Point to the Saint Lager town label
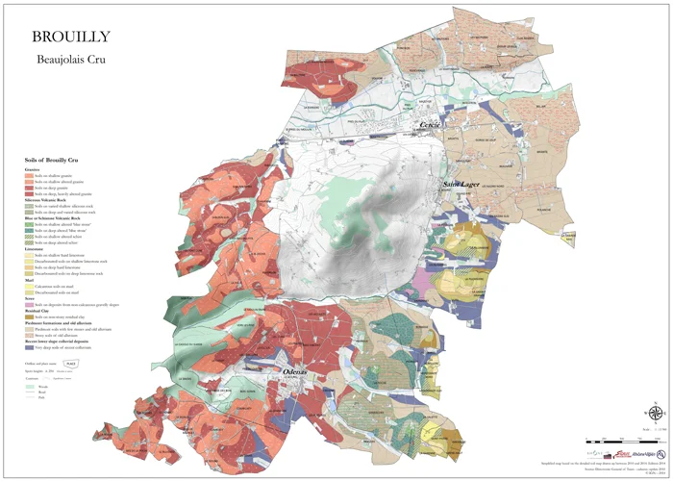coord(461,183)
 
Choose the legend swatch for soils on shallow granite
coord(28,175)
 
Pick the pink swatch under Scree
coord(28,305)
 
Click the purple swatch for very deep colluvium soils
coord(28,344)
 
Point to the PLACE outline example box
coord(70,363)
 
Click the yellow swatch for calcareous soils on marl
coord(28,286)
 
